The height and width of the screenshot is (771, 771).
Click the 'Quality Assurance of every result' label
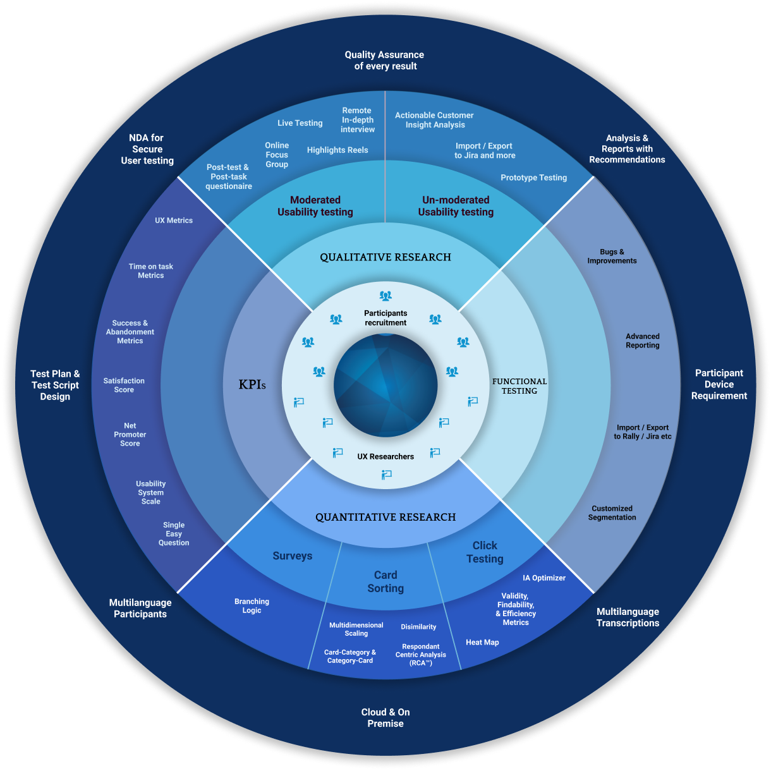click(385, 61)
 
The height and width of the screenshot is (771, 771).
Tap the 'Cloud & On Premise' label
click(385, 718)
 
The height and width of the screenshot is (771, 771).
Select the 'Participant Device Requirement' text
click(719, 384)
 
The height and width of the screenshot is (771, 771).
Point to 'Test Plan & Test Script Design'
click(55, 385)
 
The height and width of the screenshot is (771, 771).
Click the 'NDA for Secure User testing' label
click(147, 149)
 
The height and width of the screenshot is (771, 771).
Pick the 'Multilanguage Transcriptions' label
click(628, 617)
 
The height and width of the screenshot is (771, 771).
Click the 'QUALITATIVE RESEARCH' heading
click(385, 257)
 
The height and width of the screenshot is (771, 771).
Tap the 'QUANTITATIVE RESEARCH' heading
click(385, 517)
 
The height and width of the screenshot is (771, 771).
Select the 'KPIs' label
click(252, 384)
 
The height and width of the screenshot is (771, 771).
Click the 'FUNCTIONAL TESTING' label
click(519, 386)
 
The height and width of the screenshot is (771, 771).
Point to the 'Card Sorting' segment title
click(385, 581)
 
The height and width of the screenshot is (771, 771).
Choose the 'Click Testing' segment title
click(485, 552)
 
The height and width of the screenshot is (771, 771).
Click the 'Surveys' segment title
click(293, 556)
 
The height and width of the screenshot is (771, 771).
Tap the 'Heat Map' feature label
click(482, 642)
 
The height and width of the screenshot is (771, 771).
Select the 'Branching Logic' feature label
click(252, 606)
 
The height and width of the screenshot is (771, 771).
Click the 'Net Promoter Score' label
click(130, 435)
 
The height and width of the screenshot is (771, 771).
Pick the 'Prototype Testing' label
click(533, 178)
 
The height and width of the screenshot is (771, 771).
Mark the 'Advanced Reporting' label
click(643, 341)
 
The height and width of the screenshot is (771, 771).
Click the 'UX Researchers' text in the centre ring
click(385, 456)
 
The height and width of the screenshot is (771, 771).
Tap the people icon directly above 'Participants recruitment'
click(385, 296)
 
